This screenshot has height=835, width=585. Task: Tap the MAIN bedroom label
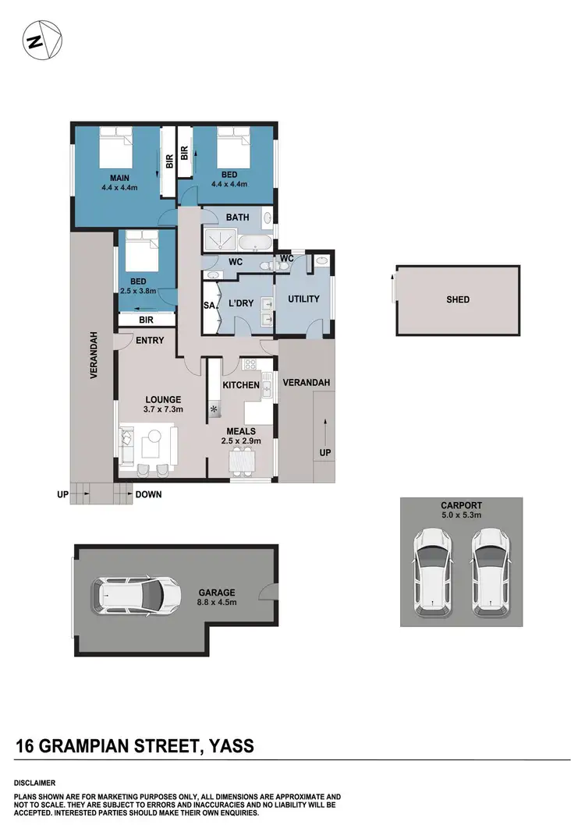[x=114, y=177]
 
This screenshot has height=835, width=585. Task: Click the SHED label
[x=459, y=299]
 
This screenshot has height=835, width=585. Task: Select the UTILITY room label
[x=303, y=299]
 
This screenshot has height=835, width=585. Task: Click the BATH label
[x=237, y=218]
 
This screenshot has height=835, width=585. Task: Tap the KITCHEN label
[x=240, y=385]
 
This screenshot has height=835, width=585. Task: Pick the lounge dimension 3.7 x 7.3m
[x=163, y=409]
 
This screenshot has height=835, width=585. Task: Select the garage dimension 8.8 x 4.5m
[x=214, y=602]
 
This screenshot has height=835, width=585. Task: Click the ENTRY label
[x=149, y=340]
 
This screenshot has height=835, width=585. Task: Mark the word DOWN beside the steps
[x=148, y=494]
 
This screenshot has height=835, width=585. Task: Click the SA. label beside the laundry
[x=208, y=305]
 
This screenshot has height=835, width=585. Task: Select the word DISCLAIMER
[x=34, y=782]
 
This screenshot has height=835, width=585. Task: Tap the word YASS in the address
[x=232, y=746]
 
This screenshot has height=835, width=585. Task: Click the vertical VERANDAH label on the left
[x=93, y=355]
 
